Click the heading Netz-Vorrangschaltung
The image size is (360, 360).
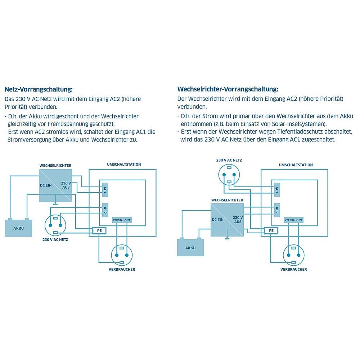[39, 89]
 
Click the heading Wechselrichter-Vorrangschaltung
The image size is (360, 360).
[228, 89]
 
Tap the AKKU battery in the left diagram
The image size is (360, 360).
[18, 228]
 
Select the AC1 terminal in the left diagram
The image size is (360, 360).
[105, 190]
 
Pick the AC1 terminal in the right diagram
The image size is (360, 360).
[276, 190]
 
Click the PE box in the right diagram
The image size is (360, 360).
[271, 230]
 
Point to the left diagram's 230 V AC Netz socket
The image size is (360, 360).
[55, 225]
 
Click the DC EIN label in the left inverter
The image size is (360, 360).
[46, 186]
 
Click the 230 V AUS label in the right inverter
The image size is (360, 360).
[238, 220]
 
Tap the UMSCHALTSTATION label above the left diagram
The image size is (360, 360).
[124, 165]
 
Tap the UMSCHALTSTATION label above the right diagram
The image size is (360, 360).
[296, 165]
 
